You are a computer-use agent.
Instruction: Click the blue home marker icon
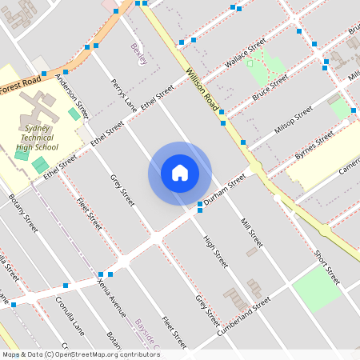[180, 173]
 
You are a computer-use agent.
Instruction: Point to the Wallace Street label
[245, 54]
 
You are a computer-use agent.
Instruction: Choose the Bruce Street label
[270, 87]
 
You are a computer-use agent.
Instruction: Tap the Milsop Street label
[293, 118]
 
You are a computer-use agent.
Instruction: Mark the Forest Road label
[21, 82]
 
